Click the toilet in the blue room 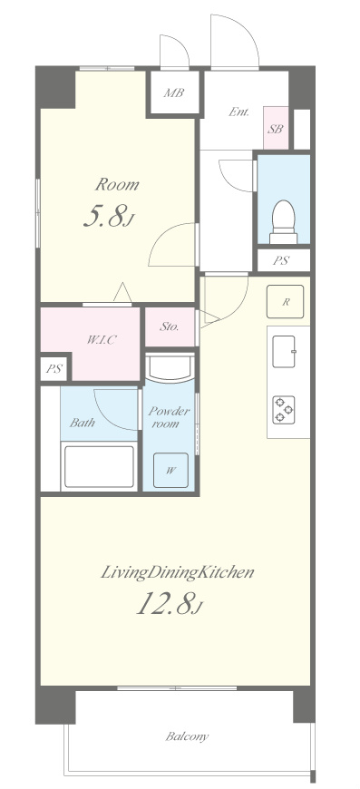(284, 222)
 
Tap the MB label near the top (174, 93)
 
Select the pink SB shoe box (276, 128)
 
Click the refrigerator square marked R (285, 302)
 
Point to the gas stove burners (284, 410)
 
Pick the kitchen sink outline (284, 351)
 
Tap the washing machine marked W (171, 471)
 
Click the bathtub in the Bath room (99, 466)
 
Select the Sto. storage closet (170, 327)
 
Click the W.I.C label (102, 340)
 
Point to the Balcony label (187, 736)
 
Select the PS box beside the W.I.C (54, 368)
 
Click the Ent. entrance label (238, 112)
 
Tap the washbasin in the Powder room (170, 368)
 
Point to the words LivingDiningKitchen (178, 572)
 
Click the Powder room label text (169, 417)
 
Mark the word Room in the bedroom (117, 184)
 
